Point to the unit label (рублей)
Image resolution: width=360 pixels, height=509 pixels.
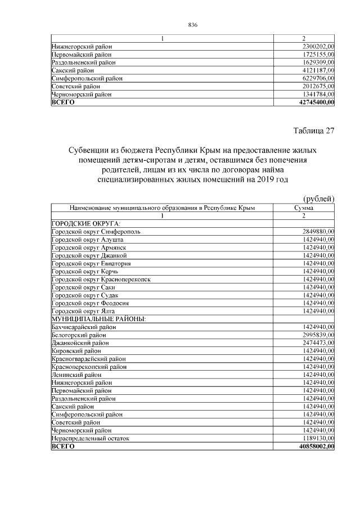pyautogui.click(x=319, y=199)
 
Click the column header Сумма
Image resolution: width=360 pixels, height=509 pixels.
pyautogui.click(x=304, y=208)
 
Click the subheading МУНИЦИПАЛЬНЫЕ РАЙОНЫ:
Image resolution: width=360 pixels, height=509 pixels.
pyautogui.click(x=98, y=319)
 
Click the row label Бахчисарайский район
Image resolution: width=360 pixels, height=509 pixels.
pyautogui.click(x=84, y=327)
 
